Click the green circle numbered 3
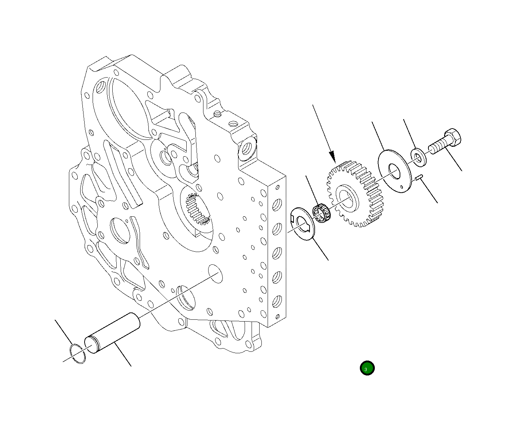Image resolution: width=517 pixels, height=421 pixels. [x=367, y=368]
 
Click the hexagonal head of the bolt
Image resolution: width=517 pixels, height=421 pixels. [x=452, y=138]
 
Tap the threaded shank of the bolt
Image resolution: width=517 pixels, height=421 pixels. [x=437, y=147]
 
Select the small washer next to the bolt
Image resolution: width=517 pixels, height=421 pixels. [x=418, y=157]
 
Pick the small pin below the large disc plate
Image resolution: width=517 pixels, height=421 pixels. [x=419, y=177]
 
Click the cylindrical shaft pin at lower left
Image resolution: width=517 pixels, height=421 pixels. [x=113, y=333]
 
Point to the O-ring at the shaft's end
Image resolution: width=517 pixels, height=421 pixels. [x=78, y=353]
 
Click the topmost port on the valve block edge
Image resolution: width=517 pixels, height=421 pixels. [x=277, y=204]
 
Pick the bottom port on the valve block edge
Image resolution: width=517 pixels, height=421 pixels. [x=277, y=302]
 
